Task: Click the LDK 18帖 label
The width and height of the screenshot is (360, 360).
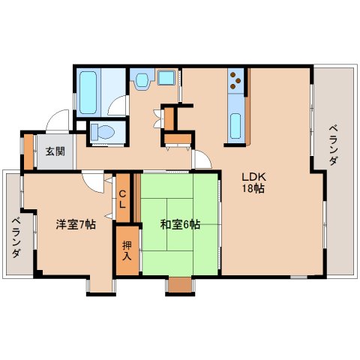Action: (x=253, y=182)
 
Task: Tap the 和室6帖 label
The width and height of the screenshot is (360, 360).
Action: (x=180, y=224)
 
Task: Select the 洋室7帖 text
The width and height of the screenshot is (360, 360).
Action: (x=76, y=224)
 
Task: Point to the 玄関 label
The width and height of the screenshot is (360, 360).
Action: (x=55, y=151)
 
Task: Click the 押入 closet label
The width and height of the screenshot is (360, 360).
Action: (x=127, y=251)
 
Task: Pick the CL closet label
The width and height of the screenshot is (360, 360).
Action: (x=122, y=199)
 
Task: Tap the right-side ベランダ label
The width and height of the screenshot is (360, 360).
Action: (x=333, y=145)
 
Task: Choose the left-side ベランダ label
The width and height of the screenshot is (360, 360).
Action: (x=16, y=238)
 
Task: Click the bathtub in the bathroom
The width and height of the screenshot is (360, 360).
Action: (x=88, y=92)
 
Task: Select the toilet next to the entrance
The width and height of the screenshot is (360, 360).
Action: (x=103, y=131)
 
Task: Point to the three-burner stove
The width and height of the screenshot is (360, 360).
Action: (x=235, y=80)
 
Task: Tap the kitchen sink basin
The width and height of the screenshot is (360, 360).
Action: (x=235, y=126)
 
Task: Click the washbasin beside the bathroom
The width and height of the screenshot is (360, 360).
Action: (x=142, y=80)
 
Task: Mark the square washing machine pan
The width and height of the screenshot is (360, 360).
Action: (x=166, y=77)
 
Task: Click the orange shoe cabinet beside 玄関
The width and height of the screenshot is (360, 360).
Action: (x=28, y=151)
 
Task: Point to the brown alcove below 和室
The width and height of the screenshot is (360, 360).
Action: (x=180, y=284)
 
